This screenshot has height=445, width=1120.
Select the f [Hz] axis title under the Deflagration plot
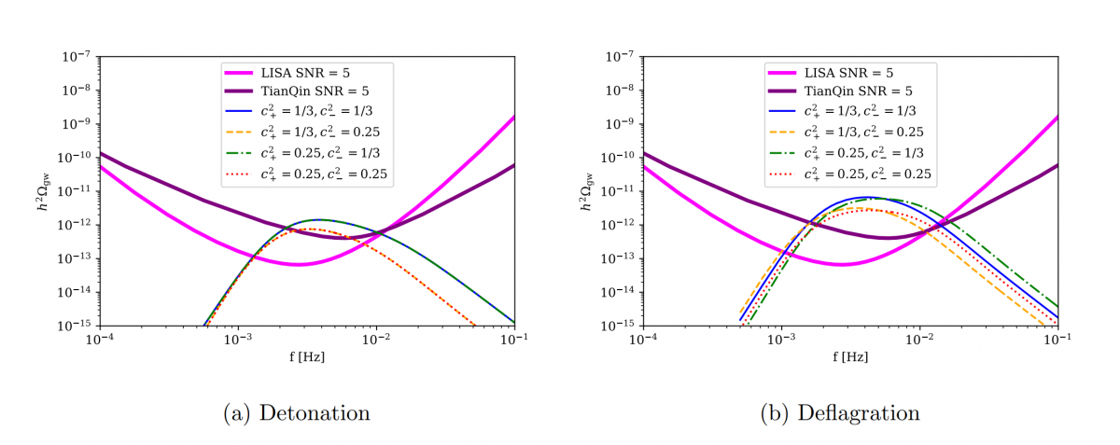pos(850,355)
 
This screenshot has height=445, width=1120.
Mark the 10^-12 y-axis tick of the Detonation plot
pos(77,225)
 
